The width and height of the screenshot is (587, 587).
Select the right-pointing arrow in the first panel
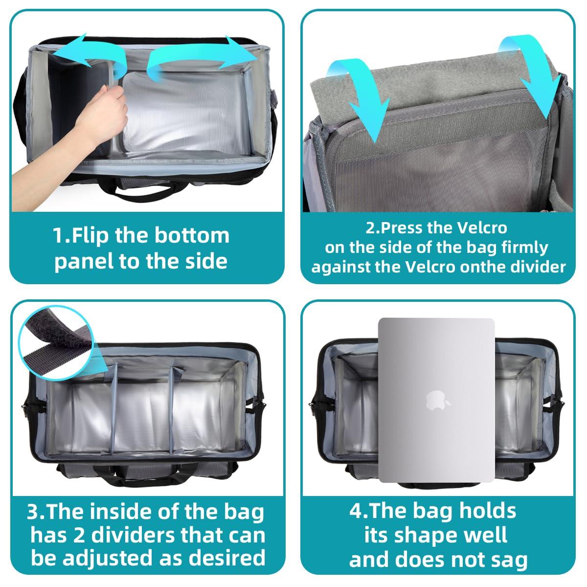tap(201, 58)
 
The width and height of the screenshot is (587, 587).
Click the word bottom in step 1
tap(192, 235)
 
